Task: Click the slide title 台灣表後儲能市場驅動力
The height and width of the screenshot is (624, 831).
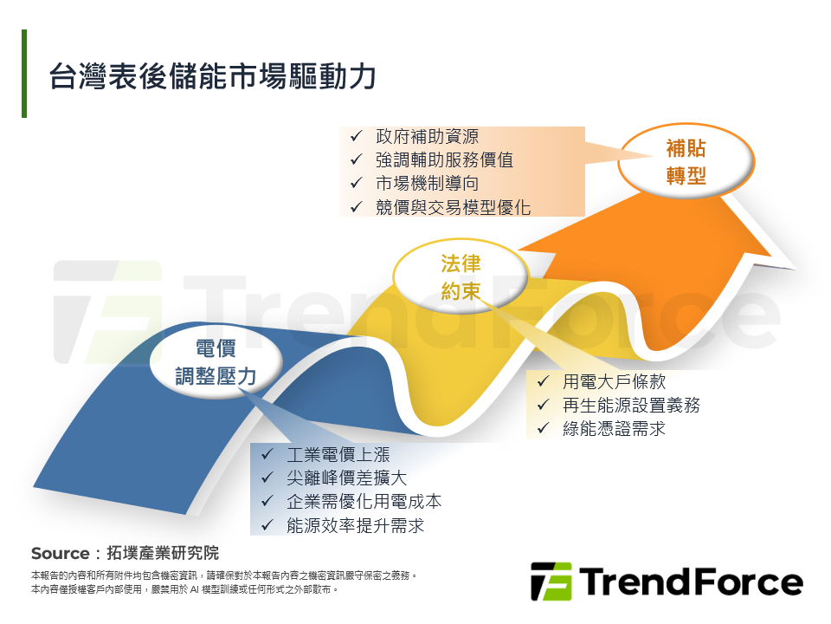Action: click(x=212, y=75)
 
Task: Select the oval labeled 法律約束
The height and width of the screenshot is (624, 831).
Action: click(x=460, y=277)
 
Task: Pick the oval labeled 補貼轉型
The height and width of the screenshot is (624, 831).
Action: click(x=686, y=161)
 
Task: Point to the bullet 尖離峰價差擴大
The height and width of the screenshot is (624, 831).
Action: click(x=346, y=478)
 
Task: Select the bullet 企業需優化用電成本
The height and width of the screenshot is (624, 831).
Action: click(x=364, y=502)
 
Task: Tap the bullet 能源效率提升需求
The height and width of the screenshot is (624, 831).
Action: click(x=355, y=525)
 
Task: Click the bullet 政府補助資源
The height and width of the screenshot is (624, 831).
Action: click(x=427, y=137)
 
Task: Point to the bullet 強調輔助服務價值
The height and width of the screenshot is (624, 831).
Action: click(x=444, y=160)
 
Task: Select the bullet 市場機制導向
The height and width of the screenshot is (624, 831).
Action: click(x=427, y=184)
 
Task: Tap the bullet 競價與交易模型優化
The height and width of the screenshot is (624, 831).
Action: click(x=453, y=207)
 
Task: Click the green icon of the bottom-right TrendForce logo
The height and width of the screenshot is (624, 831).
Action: click(x=551, y=582)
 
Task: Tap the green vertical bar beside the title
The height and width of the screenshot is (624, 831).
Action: click(x=24, y=74)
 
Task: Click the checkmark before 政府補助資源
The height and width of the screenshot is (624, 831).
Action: click(x=356, y=137)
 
